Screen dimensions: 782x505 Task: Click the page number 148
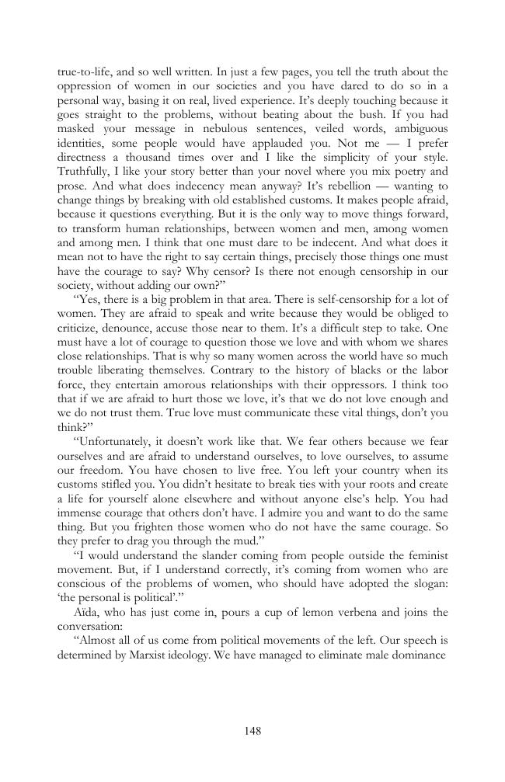pyautogui.click(x=252, y=731)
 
